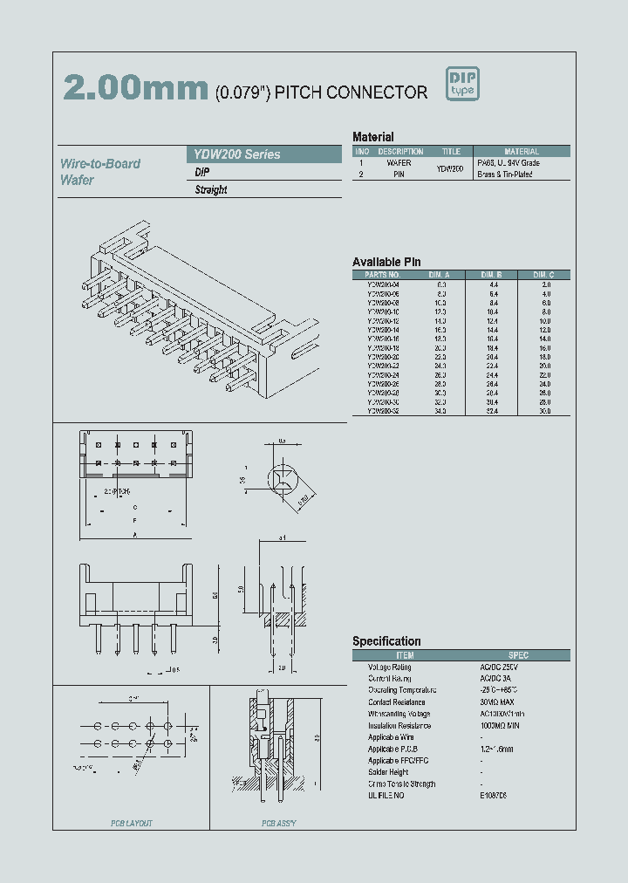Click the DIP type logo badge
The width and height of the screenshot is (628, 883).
point(463,84)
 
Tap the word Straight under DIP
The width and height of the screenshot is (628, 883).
point(211,189)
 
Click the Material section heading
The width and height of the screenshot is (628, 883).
point(372,137)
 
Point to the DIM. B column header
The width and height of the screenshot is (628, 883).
point(492,275)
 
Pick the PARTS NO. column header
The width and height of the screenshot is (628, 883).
point(382,275)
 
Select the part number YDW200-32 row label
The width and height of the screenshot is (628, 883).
point(382,410)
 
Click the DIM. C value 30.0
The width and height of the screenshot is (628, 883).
point(545,410)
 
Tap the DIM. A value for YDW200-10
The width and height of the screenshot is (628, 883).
point(440,311)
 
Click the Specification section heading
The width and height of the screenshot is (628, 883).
point(386,641)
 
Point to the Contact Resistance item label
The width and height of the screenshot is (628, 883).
point(397,702)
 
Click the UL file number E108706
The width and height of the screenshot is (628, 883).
point(493,795)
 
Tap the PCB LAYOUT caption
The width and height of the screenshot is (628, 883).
point(131,823)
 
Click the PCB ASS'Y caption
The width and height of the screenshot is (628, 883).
point(279,823)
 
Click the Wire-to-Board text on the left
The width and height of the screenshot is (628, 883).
point(100,163)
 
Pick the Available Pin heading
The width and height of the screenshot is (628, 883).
point(386,262)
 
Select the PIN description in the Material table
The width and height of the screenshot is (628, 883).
point(399,174)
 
